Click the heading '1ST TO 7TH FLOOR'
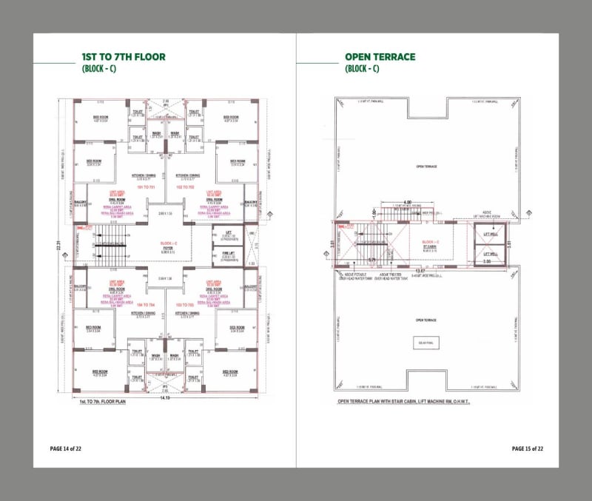pyautogui.click(x=123, y=57)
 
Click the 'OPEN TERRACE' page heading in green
pyautogui.click(x=380, y=57)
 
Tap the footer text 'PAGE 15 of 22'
pyautogui.click(x=528, y=448)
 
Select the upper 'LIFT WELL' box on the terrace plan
pyautogui.click(x=489, y=234)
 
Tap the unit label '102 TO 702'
pyautogui.click(x=185, y=188)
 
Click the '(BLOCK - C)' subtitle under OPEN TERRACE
pyautogui.click(x=362, y=69)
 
